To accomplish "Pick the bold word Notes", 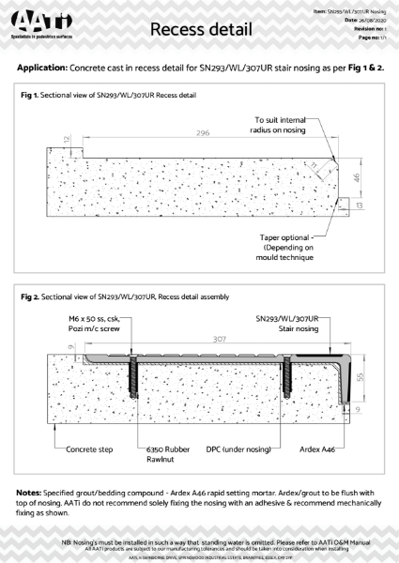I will click(33, 493).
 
